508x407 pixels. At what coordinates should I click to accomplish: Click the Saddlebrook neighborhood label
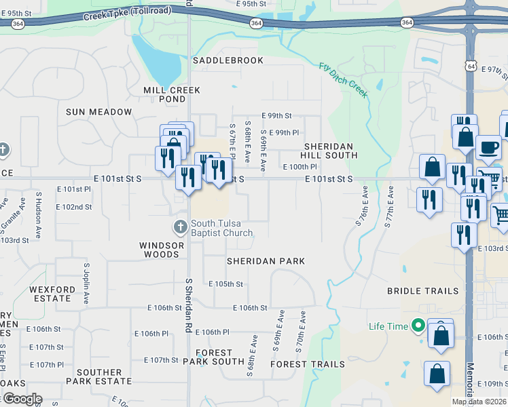[228, 60]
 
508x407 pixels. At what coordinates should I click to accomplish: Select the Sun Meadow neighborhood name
[98, 112]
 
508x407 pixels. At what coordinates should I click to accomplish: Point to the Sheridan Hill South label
[330, 151]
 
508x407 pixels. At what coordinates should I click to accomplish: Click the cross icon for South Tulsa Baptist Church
[181, 227]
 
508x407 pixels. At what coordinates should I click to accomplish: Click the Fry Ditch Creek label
[344, 80]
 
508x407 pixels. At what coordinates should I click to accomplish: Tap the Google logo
[22, 398]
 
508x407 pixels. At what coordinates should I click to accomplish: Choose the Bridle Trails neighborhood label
[422, 291]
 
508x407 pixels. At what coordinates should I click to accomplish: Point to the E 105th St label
[225, 284]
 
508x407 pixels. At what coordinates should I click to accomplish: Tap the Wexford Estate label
[52, 294]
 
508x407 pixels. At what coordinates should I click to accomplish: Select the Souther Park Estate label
[98, 377]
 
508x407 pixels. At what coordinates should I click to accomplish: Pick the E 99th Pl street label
[284, 132]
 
